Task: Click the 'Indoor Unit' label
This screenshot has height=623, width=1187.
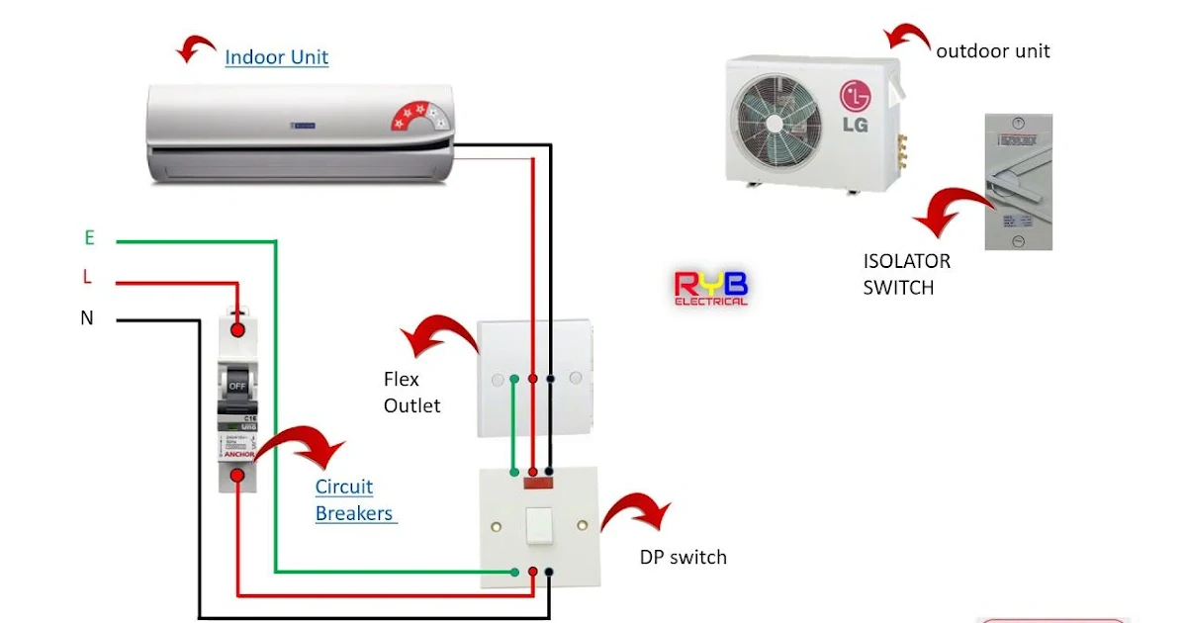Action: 276,57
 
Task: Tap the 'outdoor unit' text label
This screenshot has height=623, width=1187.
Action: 992,50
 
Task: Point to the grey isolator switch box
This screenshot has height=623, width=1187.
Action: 1018,181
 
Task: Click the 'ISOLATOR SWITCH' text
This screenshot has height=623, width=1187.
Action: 906,274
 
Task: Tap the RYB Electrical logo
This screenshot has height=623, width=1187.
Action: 710,288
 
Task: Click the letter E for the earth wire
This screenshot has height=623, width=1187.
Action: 89,238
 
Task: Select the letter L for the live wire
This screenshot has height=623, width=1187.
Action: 87,278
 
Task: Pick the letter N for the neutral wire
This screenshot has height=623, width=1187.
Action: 87,318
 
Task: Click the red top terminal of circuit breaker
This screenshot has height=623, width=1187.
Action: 237,329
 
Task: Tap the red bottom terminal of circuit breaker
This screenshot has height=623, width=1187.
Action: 237,477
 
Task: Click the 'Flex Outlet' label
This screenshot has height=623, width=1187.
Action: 411,393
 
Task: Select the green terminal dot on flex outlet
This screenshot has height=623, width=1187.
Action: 513,379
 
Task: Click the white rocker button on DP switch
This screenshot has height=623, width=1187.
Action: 538,526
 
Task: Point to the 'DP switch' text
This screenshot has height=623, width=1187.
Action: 683,558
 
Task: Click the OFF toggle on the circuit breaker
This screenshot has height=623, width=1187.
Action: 237,386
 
